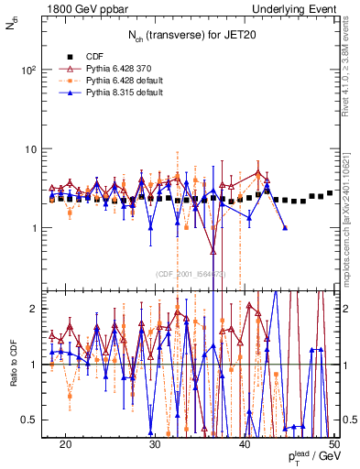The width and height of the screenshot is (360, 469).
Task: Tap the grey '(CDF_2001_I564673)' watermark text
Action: pos(191,274)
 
